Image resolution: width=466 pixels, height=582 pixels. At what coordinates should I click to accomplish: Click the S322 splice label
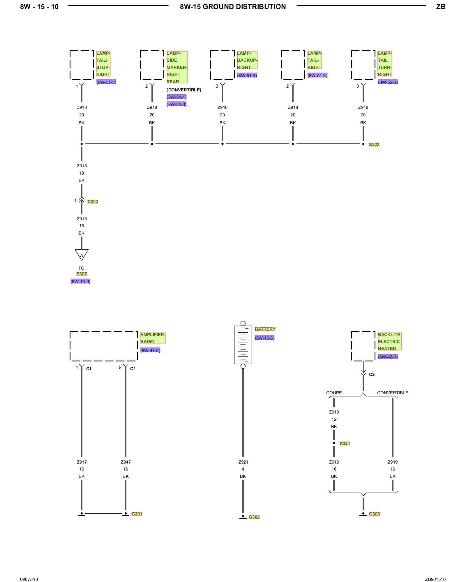coord(374,145)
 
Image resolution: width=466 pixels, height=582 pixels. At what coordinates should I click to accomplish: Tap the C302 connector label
coord(93,202)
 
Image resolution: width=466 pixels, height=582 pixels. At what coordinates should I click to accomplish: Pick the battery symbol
coord(243,345)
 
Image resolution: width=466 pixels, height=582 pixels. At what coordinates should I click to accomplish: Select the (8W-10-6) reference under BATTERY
coord(264,338)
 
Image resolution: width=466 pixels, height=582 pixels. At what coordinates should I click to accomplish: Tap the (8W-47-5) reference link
coord(150,350)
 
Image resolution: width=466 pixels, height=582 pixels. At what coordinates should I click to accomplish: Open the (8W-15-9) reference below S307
coord(80,281)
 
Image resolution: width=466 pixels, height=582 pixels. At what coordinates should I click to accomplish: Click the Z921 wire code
coord(243,462)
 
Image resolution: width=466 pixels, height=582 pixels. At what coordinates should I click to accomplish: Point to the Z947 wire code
coord(126,462)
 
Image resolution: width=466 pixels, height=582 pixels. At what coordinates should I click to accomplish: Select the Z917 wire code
coord(82,462)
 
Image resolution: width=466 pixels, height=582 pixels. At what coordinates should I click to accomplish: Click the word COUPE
coord(334,393)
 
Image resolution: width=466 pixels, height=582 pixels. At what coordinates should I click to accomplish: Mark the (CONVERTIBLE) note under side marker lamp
coord(184,90)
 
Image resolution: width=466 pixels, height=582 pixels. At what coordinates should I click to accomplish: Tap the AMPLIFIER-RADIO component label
coord(153,338)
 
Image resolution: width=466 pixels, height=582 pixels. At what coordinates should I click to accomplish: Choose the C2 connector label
coord(372,375)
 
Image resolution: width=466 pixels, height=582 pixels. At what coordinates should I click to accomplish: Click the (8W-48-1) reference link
coord(388,357)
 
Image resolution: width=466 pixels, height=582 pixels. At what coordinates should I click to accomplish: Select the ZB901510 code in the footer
coord(435,579)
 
